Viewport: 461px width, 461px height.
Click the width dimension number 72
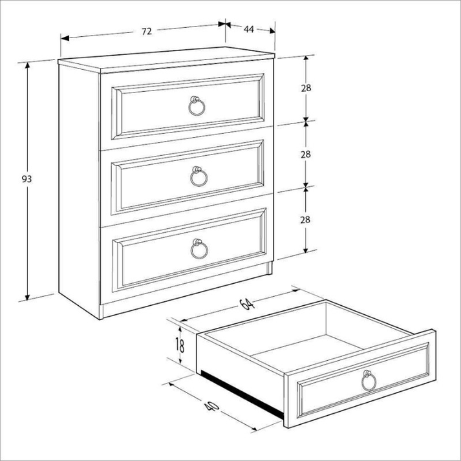tap(147, 31)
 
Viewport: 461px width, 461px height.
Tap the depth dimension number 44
tap(249, 28)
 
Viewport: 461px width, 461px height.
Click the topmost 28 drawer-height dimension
tap(306, 88)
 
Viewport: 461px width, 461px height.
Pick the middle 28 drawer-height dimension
tap(306, 154)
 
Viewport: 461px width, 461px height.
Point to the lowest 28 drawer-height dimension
tap(306, 220)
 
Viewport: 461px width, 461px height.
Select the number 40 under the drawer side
tap(209, 407)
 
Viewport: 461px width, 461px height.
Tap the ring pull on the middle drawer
tap(198, 175)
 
